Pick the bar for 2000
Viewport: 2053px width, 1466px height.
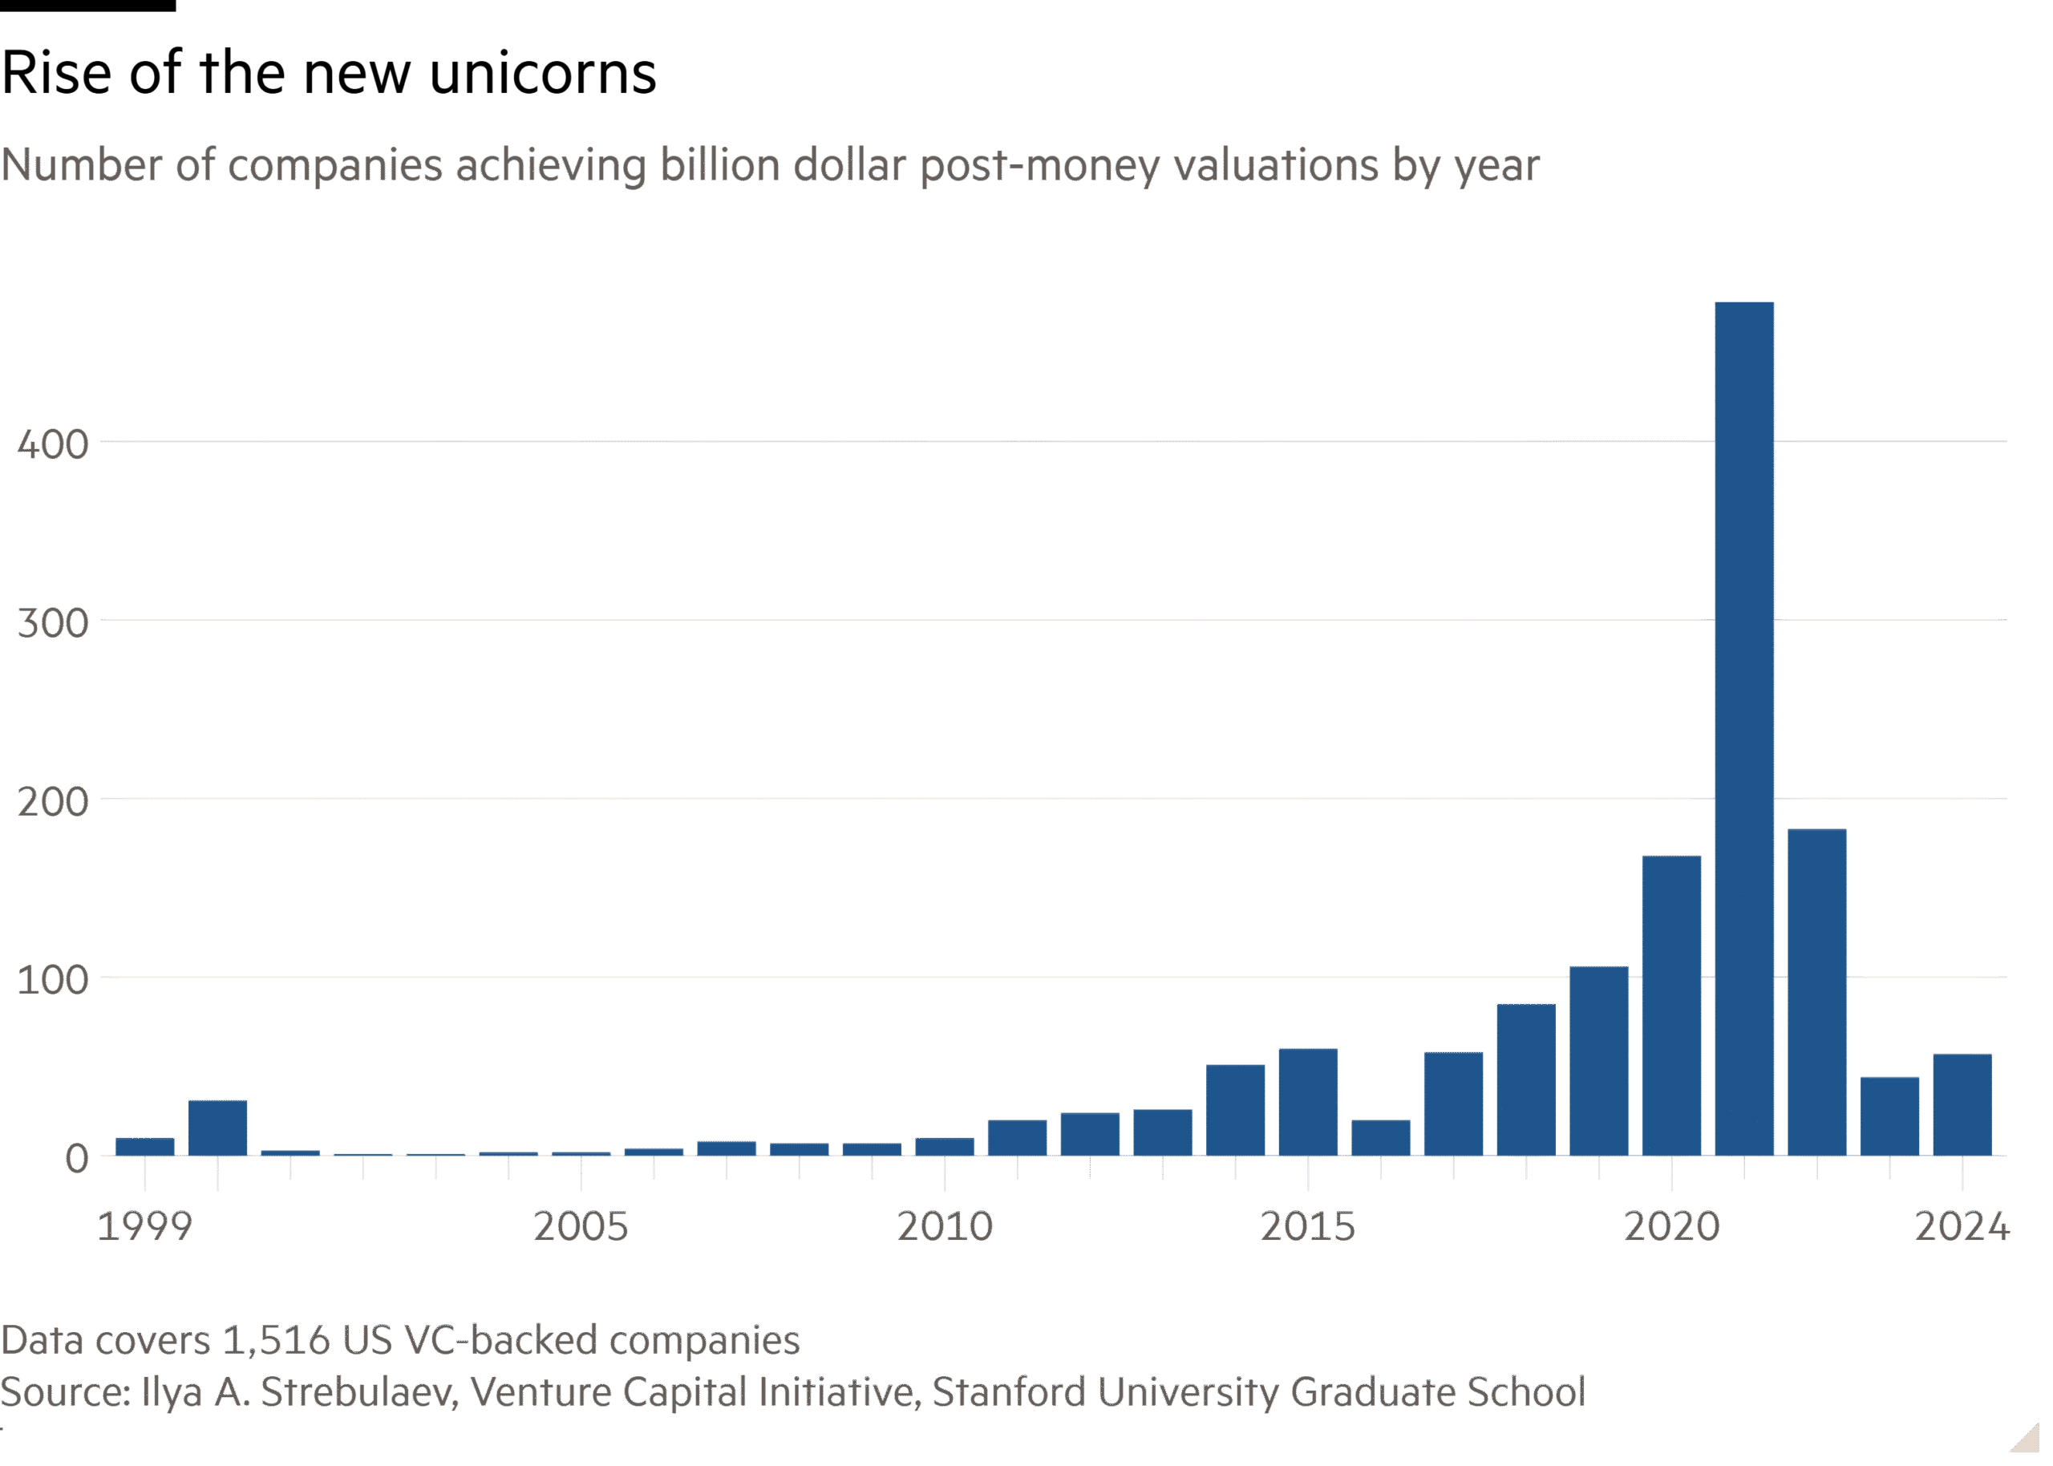[217, 1128]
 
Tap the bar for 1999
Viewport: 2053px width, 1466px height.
[145, 1147]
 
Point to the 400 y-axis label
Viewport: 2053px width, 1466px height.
[53, 444]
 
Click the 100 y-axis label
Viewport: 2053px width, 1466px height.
[53, 979]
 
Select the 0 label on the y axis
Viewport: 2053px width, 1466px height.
[77, 1157]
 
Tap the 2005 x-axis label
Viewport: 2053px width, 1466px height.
[581, 1226]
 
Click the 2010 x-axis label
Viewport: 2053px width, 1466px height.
[945, 1226]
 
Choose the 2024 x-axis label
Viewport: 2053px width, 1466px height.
[1962, 1226]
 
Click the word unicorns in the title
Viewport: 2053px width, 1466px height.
[542, 73]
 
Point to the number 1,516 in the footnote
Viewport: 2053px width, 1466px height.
[275, 1341]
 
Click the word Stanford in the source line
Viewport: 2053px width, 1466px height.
[1008, 1392]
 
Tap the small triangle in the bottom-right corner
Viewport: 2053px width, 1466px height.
[2025, 1438]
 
